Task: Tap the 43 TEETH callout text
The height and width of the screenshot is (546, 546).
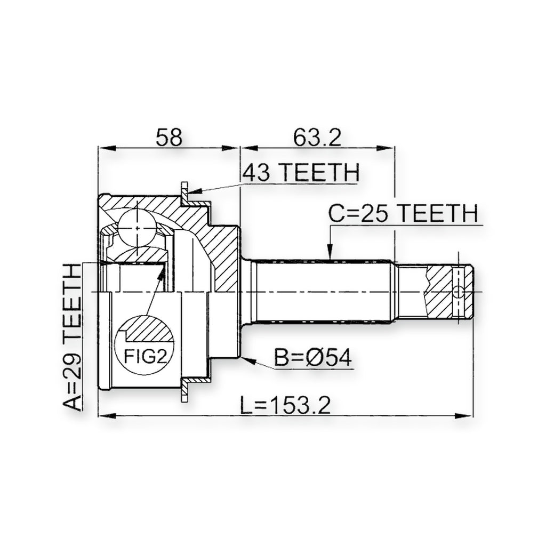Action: click(x=301, y=172)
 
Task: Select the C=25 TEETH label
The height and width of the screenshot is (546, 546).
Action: click(x=403, y=213)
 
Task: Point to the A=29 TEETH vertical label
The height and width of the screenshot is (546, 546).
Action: click(x=73, y=336)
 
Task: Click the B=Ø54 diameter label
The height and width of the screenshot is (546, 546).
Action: click(x=312, y=358)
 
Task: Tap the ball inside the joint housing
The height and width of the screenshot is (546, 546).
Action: click(x=136, y=228)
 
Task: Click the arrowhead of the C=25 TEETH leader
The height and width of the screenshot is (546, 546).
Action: click(x=330, y=252)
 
